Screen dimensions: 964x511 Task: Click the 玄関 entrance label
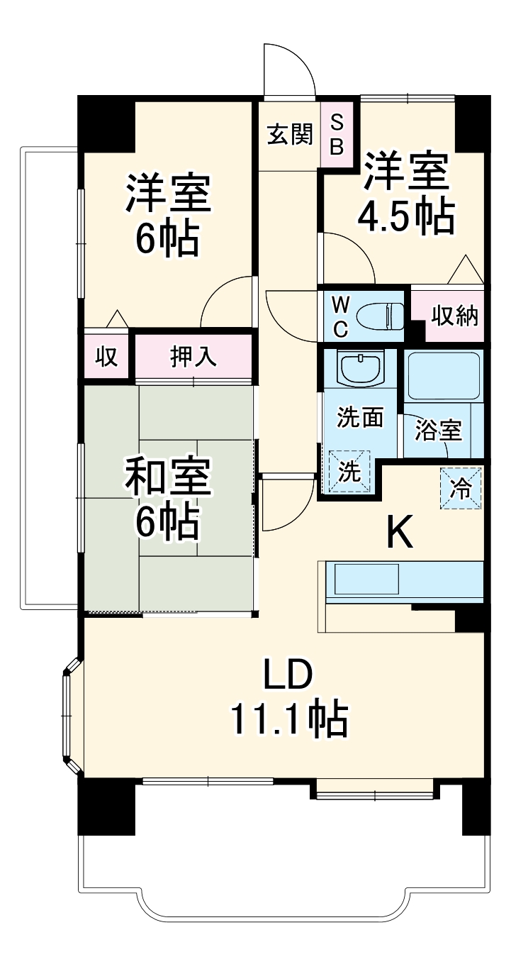click(290, 134)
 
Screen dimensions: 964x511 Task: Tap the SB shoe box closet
click(337, 135)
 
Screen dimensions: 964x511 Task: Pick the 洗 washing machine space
click(348, 471)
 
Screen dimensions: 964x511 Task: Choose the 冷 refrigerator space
click(461, 489)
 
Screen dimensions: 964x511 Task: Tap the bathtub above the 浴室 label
click(444, 375)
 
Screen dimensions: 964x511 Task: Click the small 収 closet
click(106, 357)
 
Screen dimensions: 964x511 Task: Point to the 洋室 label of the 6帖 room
click(168, 194)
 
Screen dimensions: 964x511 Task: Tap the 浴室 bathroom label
click(438, 431)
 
